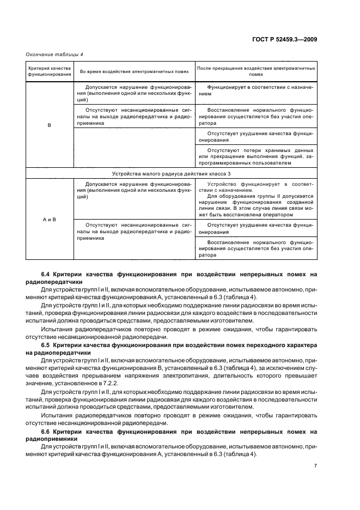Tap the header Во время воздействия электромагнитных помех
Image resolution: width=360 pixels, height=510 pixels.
click(x=133, y=71)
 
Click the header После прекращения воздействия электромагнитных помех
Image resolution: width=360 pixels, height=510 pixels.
click(x=255, y=71)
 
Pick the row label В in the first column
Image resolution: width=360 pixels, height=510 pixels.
click(x=50, y=125)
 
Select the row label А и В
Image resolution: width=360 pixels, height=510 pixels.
click(x=50, y=220)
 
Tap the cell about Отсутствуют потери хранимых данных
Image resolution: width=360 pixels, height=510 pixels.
click(x=255, y=156)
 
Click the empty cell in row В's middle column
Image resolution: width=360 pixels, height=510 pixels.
click(x=133, y=147)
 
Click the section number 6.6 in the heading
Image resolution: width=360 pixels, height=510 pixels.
click(x=46, y=432)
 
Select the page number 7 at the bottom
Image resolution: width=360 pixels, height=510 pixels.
click(x=315, y=466)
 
